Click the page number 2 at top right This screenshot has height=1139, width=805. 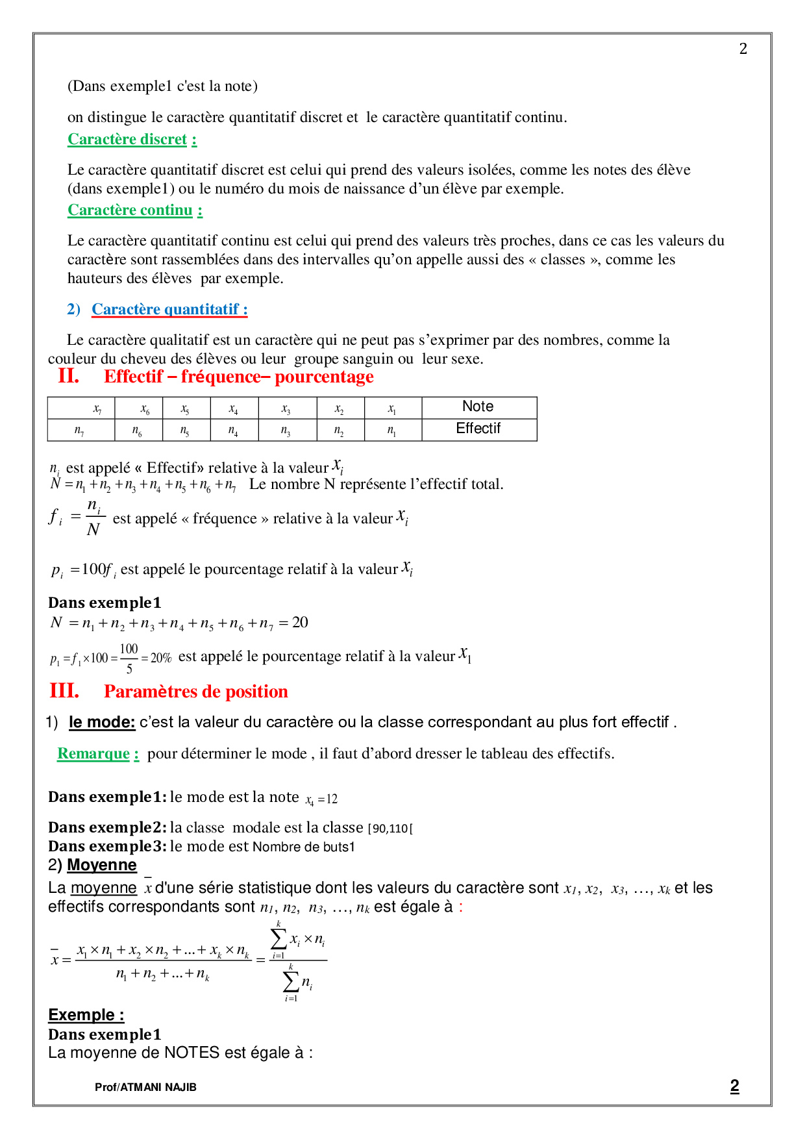pos(743,49)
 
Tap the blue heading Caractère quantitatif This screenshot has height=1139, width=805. pos(169,309)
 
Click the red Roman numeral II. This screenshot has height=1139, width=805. pos(68,376)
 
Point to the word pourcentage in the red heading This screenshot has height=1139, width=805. pos(324,377)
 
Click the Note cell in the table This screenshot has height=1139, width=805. pos(478,407)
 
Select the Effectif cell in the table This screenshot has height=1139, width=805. pos(478,429)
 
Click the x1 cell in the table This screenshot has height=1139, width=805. pos(392,409)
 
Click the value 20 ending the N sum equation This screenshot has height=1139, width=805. pos(300,623)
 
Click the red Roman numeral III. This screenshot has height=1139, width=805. pos(64,691)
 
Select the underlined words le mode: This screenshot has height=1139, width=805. pos(102,722)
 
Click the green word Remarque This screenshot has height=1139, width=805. pos(93,754)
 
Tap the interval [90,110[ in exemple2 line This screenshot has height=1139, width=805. pos(390,829)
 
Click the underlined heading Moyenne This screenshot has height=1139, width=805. pos(102,865)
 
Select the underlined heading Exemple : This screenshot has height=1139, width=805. pos(86,1015)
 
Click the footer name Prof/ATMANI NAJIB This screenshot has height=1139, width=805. pos(145,1087)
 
